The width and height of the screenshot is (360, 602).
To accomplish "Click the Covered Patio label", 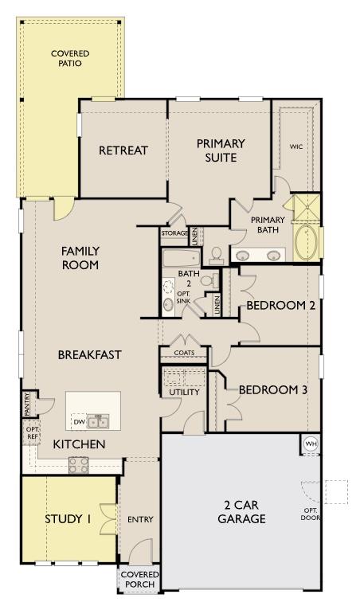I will tap(70, 58).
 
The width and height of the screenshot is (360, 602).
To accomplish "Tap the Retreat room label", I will tap(123, 150).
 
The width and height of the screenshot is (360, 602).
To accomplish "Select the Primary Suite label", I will tap(221, 150).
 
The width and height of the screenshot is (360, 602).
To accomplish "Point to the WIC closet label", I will tap(296, 147).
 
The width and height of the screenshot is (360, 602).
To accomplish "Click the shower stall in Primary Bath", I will tap(306, 209).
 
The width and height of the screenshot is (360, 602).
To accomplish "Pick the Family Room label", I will tap(80, 258).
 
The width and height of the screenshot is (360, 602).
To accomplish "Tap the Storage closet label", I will tap(174, 233).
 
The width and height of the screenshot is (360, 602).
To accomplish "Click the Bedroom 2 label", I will tap(276, 305).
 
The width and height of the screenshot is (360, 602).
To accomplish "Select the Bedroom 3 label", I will tap(272, 390).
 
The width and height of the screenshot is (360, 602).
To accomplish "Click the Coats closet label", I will tap(183, 353).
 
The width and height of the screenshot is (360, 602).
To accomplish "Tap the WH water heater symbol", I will tap(310, 444).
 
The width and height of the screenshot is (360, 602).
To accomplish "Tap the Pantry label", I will tap(27, 403).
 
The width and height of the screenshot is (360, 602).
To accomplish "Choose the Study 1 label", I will tap(68, 519).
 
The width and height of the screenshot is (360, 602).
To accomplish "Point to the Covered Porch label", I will tap(139, 580).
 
